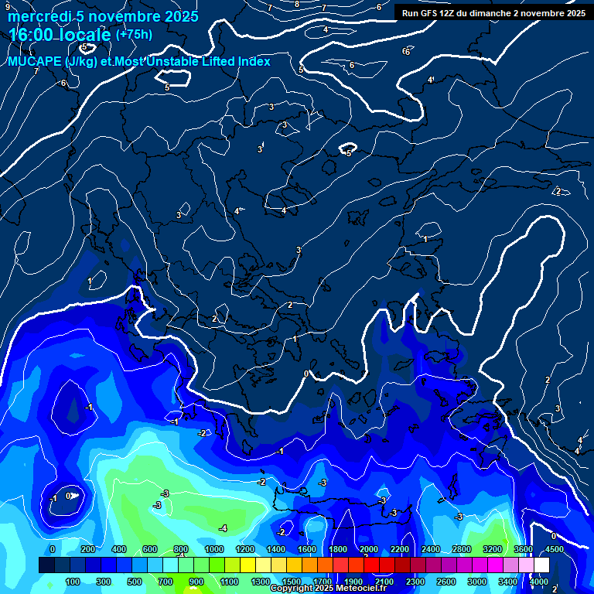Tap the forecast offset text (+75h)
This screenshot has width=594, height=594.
134,35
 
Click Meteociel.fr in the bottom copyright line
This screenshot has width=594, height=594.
367,589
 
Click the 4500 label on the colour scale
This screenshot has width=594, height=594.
554,549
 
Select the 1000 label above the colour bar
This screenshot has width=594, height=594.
213,549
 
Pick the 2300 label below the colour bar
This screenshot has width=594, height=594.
415,582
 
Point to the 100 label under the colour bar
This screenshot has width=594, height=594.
73,582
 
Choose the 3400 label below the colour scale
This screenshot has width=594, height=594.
508,582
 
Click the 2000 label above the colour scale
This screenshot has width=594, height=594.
368,549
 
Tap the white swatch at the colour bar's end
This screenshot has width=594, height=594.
541,565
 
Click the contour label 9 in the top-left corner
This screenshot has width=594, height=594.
8,6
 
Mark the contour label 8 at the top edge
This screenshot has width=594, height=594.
297,4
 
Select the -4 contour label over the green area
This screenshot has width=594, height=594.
223,528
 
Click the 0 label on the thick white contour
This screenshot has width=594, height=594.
306,374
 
